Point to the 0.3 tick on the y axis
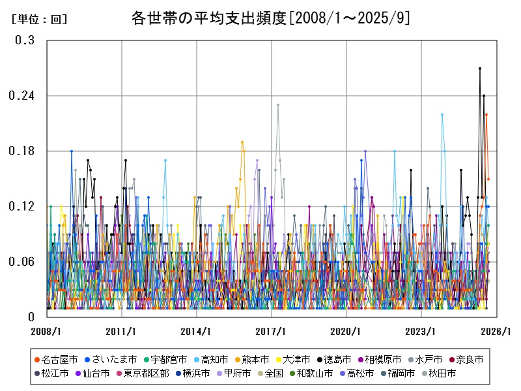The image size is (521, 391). tap(25, 40)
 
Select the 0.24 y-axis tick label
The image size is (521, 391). tap(22, 96)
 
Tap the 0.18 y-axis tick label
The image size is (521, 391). tap(22, 151)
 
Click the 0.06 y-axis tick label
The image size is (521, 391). tap(22, 262)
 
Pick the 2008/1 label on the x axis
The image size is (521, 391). tap(46, 332)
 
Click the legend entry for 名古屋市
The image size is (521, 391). tap(55, 359)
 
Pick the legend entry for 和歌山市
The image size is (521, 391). tap(311, 373)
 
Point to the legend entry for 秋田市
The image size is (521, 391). tap(439, 373)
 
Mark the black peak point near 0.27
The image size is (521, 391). tap(480, 68)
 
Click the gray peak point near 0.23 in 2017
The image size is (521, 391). tap(278, 105)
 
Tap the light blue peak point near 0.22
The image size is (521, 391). tap(442, 115)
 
